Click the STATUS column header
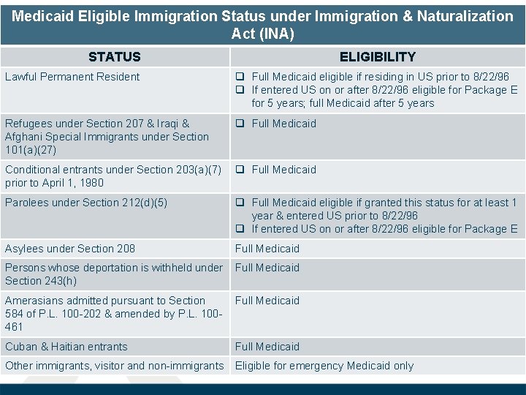coord(114,57)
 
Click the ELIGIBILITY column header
coord(377,57)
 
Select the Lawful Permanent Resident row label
coord(72,77)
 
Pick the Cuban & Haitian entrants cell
coord(66,347)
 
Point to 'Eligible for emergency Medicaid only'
coord(324,366)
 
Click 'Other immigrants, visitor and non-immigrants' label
coord(114,366)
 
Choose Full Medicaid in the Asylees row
coord(267,249)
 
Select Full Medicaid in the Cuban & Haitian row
coord(267,347)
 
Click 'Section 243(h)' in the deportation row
coord(41,281)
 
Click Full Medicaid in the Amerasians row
coord(267,301)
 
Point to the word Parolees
coord(26,203)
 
